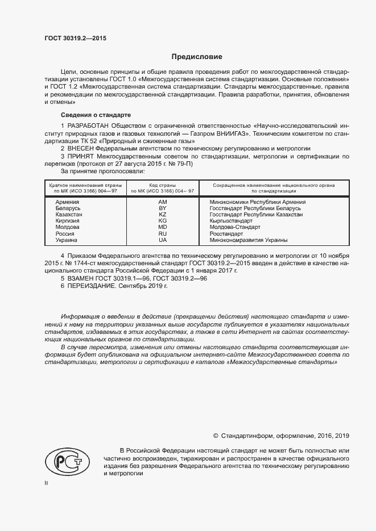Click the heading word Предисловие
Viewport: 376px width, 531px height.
click(197, 57)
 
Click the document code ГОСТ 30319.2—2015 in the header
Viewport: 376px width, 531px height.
click(75, 38)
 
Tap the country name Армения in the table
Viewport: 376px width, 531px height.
click(67, 202)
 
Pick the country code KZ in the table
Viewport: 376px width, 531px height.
click(162, 215)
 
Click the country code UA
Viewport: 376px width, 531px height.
click(162, 240)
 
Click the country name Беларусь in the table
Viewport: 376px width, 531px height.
click(68, 208)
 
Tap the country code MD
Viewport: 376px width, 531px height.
click(162, 228)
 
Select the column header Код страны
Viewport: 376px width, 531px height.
click(162, 185)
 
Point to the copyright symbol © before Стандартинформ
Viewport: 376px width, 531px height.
click(216, 436)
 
